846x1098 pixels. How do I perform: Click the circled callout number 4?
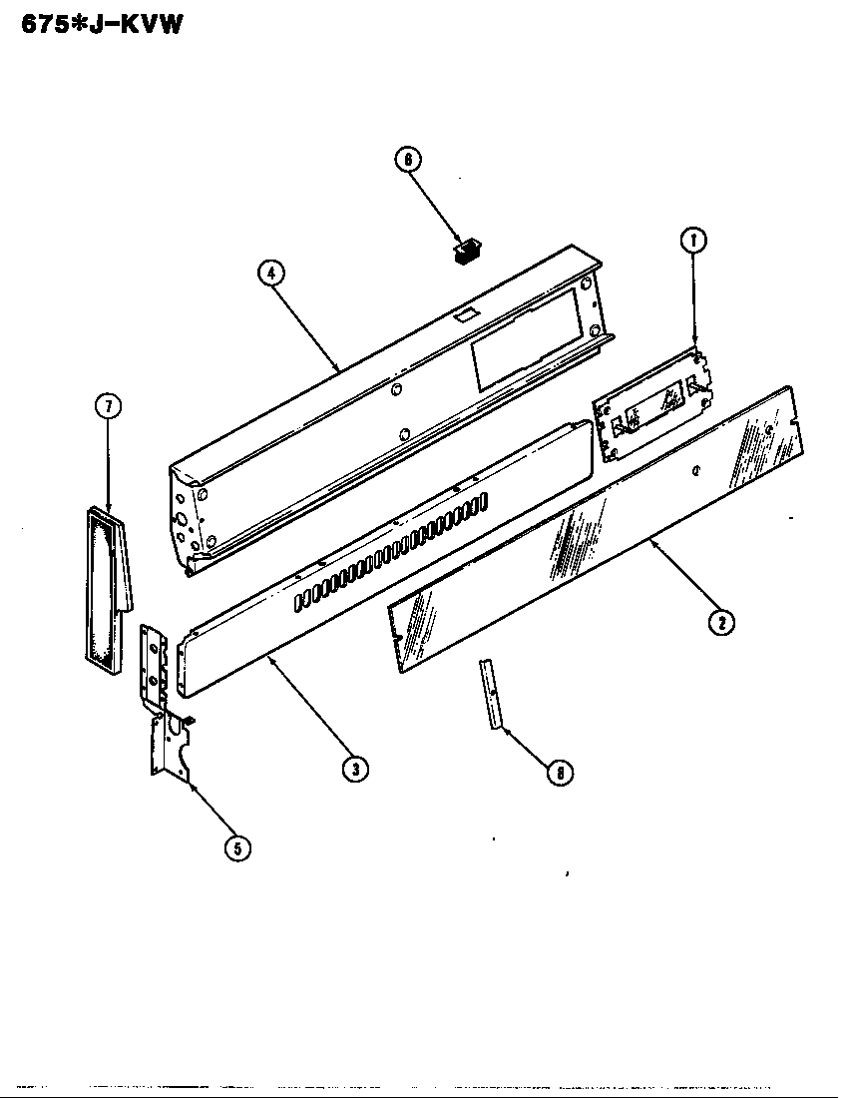[269, 272]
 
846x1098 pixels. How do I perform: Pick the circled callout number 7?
[107, 405]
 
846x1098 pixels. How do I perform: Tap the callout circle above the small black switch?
[408, 161]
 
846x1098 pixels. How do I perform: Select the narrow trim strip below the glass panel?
[491, 694]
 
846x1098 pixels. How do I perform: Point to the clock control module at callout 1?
[653, 404]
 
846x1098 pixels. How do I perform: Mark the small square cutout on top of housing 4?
[464, 314]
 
